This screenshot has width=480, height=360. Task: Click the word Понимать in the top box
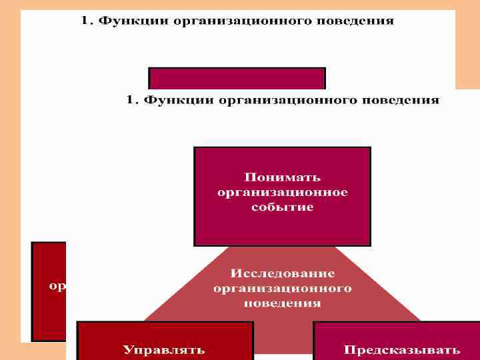click(x=282, y=177)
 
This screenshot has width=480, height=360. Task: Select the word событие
click(x=282, y=207)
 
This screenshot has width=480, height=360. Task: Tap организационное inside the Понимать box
click(x=282, y=192)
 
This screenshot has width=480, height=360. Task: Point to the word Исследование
click(x=282, y=274)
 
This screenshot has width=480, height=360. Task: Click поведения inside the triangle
click(x=282, y=303)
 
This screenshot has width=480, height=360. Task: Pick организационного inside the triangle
click(x=282, y=289)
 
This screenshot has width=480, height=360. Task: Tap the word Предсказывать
click(x=401, y=349)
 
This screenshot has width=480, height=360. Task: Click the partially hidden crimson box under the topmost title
click(x=237, y=78)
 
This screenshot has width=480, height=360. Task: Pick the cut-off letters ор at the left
click(x=57, y=287)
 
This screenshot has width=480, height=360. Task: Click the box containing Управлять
click(x=165, y=340)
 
